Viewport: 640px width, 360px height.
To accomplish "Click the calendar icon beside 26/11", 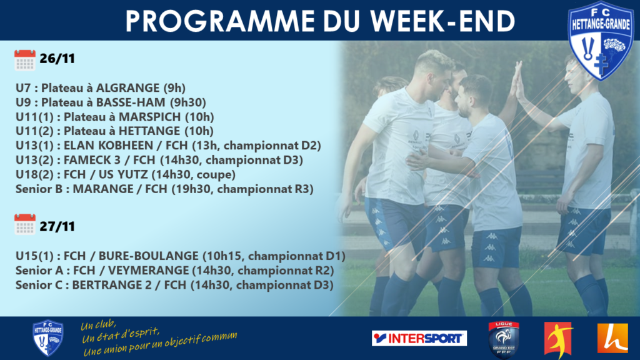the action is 25,60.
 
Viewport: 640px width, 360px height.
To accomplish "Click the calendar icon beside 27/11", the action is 25,224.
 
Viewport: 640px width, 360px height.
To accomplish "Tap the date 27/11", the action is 57,226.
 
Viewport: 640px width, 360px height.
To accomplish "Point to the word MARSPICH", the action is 150,117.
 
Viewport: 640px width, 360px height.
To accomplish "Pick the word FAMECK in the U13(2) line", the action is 87,159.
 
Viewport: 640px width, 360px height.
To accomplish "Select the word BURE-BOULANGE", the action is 149,256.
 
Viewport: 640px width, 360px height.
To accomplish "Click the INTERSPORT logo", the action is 419,338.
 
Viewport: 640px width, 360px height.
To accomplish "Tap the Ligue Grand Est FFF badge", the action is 504,339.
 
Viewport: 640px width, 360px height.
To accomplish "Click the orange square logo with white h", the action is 612,338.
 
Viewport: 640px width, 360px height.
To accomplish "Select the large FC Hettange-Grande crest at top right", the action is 601,41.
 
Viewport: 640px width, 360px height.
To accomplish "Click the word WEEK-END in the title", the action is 443,21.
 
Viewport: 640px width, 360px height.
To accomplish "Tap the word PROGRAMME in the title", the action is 220,21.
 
